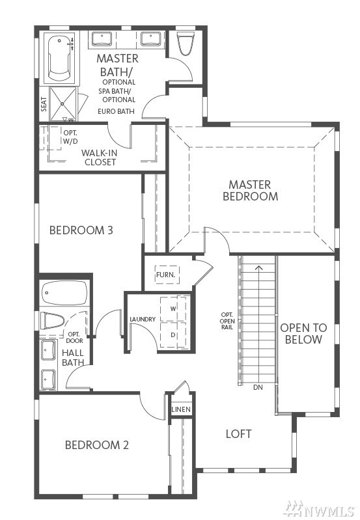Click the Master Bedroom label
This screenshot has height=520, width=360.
point(250,190)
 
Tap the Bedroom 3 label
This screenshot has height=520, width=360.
point(81,230)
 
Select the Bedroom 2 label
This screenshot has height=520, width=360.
point(96,445)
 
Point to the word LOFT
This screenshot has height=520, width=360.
point(238,434)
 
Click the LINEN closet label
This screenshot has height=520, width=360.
point(181,409)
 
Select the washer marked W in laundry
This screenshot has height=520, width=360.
point(173,308)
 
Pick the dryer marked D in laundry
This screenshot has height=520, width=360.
point(173,335)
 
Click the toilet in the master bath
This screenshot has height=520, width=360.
point(185,44)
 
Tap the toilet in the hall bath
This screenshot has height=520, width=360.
point(52,321)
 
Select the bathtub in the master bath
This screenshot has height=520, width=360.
point(60,59)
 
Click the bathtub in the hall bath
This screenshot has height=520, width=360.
point(65,293)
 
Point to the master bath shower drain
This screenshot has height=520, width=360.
point(62,103)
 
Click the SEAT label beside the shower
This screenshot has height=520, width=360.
point(44,104)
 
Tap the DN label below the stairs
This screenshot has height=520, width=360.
point(258,387)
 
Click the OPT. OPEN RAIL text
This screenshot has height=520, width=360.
point(227,321)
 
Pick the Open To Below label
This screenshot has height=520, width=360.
point(303,334)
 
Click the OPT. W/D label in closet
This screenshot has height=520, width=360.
point(71,137)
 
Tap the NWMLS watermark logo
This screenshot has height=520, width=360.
point(320,508)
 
